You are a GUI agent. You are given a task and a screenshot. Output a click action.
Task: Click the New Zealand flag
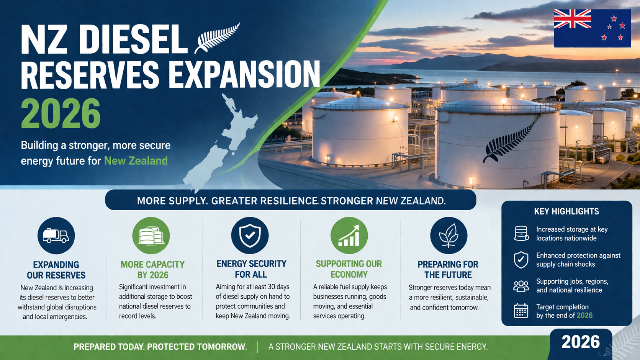(592, 28)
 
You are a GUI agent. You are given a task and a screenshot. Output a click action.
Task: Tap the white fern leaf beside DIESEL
(217, 38)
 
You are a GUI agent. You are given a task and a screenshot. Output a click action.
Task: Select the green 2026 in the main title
(61, 114)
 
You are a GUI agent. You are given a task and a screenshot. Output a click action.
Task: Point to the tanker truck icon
(56, 236)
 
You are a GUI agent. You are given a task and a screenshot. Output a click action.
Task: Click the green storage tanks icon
(151, 236)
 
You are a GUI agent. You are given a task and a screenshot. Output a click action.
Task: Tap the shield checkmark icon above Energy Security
(250, 235)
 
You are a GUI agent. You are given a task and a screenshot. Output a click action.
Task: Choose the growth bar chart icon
(349, 236)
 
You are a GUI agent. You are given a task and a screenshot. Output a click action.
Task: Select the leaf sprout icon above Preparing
(448, 236)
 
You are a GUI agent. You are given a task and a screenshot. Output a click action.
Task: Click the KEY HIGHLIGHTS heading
(566, 211)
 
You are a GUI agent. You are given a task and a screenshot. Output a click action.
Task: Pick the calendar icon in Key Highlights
(521, 311)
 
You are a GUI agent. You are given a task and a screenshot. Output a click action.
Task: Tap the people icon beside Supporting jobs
(521, 286)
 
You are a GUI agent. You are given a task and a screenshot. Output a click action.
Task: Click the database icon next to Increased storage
(521, 233)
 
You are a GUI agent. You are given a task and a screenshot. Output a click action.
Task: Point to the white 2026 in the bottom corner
(580, 342)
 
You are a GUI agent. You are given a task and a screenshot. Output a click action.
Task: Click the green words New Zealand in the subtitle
(136, 161)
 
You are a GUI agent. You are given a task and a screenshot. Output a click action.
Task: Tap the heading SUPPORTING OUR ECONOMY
(349, 269)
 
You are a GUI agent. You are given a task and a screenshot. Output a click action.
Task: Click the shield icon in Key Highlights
(521, 260)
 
